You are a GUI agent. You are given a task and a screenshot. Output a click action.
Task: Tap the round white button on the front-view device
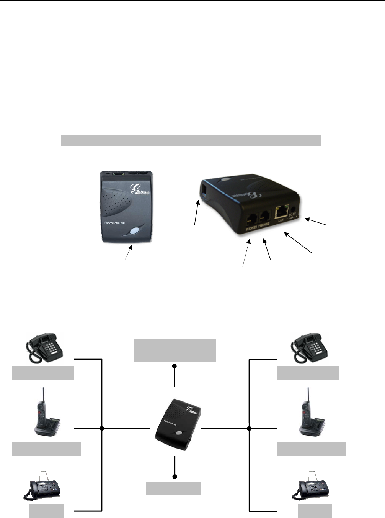pos(134,231)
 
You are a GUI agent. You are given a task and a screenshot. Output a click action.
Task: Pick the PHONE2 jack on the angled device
pos(264,218)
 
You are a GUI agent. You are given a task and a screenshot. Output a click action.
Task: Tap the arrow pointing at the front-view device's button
pos(129,253)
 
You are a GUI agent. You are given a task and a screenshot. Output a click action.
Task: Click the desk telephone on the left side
pos(44,348)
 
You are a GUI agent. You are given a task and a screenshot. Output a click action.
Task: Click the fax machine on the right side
pos(310,486)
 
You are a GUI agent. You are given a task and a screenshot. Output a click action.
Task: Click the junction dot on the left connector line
pos(102,428)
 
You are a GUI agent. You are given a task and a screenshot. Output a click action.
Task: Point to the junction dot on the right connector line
pos(249,428)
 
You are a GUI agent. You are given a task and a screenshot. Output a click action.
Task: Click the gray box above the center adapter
pos(175,350)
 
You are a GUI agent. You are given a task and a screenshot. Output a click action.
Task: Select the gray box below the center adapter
pos(174,488)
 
